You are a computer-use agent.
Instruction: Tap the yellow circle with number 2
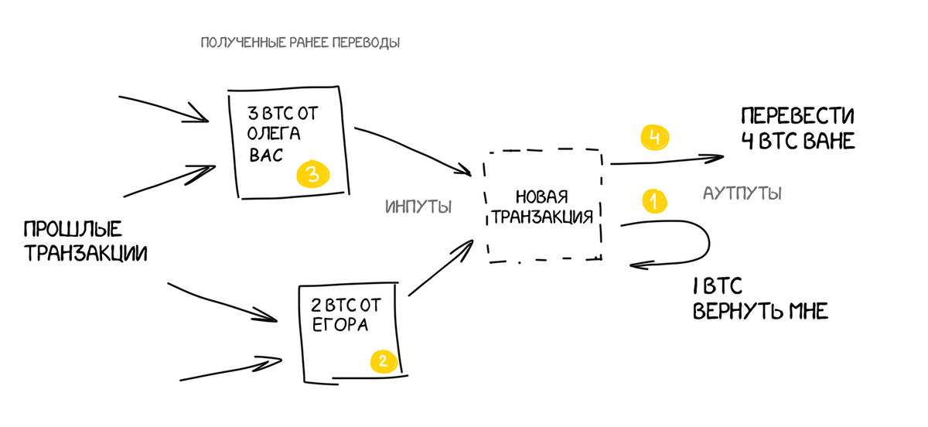tap(384, 360)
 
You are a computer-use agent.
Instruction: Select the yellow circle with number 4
tap(653, 138)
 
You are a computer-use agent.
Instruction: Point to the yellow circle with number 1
tap(653, 202)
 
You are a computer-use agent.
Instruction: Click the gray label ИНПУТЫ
tap(418, 207)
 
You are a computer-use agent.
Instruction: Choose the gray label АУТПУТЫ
tap(742, 193)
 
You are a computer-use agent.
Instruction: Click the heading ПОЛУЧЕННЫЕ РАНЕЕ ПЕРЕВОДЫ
tap(300, 43)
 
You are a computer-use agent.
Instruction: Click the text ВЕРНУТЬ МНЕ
tap(760, 312)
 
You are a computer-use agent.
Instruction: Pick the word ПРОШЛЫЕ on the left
tap(73, 230)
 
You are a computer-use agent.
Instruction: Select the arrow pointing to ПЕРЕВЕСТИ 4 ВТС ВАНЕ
tap(665, 160)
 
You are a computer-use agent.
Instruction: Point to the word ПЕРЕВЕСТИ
tap(797, 117)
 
